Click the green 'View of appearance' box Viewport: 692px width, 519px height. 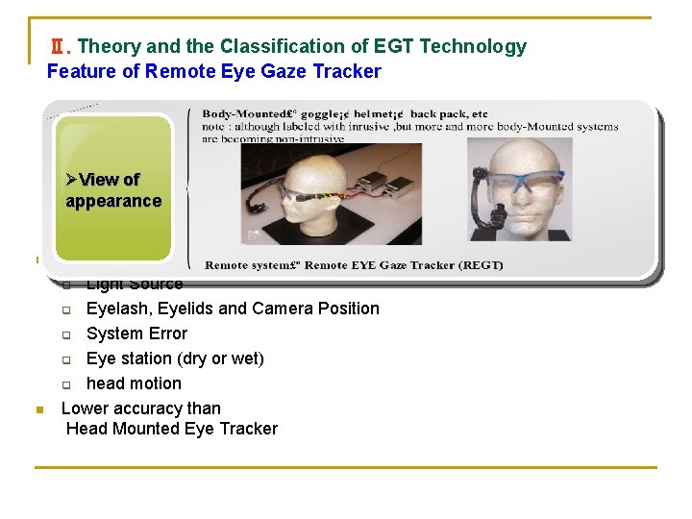click(113, 189)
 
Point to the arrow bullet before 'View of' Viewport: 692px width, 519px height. click(72, 180)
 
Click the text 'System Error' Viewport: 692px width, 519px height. click(136, 334)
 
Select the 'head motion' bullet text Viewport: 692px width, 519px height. click(134, 383)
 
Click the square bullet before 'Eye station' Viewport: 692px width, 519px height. click(66, 359)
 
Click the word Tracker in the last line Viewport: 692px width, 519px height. click(248, 429)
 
